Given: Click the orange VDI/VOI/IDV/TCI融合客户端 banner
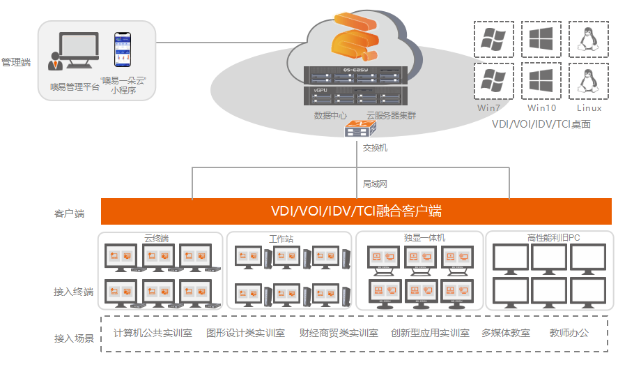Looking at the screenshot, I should tap(356, 211).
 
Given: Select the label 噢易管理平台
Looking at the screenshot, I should tap(75, 87).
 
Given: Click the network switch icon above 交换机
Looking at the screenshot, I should tap(362, 129).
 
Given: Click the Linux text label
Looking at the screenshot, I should tap(589, 108).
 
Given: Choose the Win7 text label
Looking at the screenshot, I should tap(489, 108).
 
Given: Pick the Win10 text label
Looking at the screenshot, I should tap(541, 108).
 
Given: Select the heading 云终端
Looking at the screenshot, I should tap(156, 238).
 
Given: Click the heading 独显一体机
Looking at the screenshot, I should tap(424, 238).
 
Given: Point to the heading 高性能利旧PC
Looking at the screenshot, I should tap(554, 238).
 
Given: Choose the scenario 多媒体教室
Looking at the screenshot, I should tap(505, 333).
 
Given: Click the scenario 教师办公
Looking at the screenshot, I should tap(569, 333).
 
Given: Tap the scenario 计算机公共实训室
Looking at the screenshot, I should tap(153, 333).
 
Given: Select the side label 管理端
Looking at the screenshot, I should tap(16, 62).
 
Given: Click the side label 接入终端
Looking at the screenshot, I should tap(74, 292).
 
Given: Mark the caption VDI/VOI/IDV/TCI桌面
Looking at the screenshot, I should tap(541, 124).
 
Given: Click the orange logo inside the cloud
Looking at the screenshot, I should tap(355, 38).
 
